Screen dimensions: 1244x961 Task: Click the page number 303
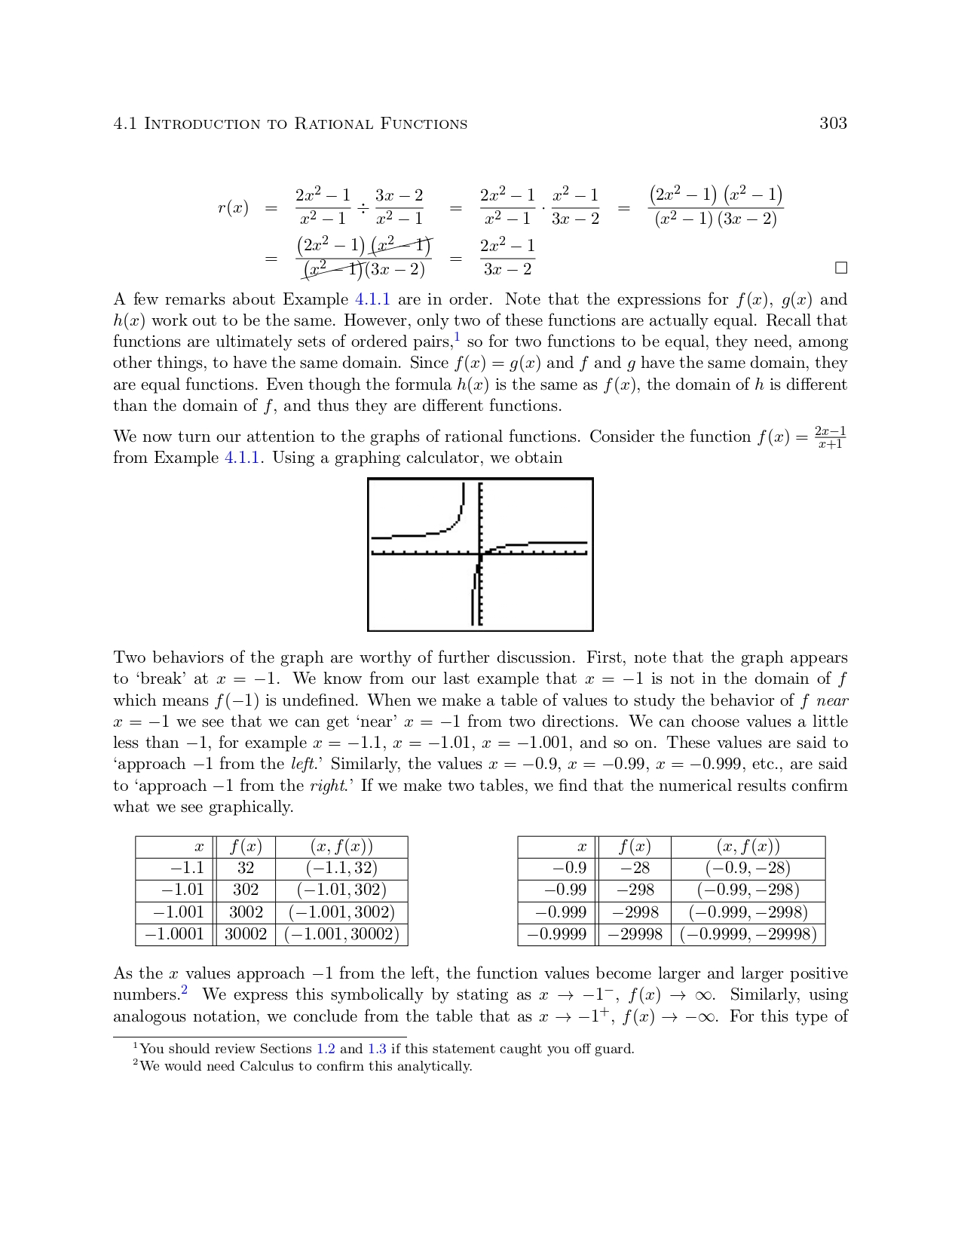(833, 124)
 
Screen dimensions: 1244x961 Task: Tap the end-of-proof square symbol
(841, 268)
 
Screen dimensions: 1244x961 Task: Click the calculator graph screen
(480, 554)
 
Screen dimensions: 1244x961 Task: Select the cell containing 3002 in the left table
(246, 912)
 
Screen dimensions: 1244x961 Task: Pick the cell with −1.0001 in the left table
(174, 934)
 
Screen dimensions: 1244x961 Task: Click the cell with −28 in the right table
(634, 869)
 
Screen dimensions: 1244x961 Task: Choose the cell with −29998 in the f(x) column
(634, 934)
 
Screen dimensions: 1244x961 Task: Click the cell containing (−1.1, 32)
(341, 869)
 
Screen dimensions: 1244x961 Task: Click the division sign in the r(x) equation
(363, 207)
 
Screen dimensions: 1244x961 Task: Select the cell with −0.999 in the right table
(561, 912)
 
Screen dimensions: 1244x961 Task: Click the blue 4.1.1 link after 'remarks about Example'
(372, 299)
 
